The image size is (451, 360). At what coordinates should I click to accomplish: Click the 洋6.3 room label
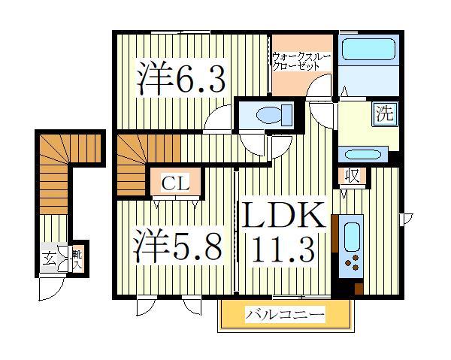click(x=180, y=78)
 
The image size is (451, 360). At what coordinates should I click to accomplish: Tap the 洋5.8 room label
click(x=178, y=245)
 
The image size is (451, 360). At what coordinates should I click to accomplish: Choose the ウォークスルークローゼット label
click(x=301, y=60)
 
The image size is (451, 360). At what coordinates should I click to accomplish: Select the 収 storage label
click(x=351, y=177)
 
